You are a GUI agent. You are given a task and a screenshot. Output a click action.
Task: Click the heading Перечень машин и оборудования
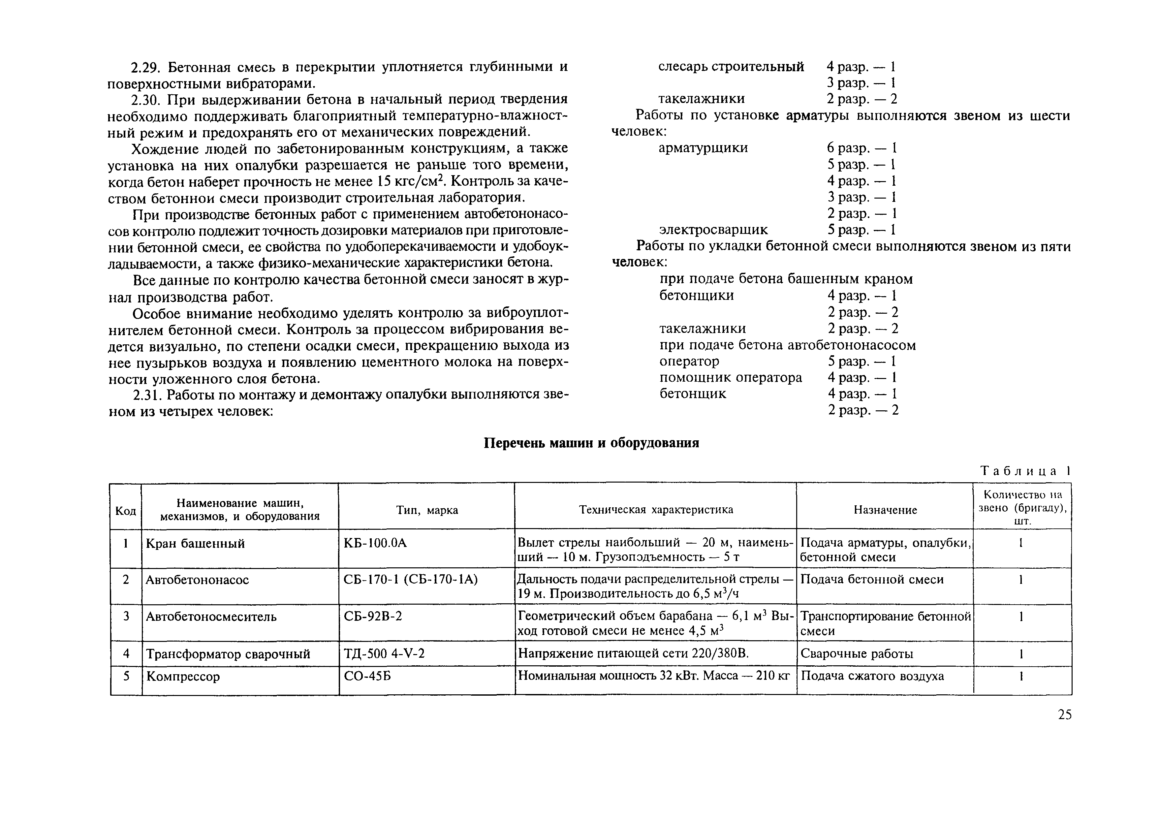(x=591, y=443)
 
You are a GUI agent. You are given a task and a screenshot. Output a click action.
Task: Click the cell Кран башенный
(x=195, y=544)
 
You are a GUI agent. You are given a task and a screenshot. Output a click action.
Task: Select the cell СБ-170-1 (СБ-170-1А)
(x=410, y=580)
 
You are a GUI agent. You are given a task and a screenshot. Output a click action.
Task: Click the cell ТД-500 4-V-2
(x=384, y=654)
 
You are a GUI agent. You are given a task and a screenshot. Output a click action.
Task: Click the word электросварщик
(x=713, y=230)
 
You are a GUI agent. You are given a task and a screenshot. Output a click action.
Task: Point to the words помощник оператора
(x=730, y=378)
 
